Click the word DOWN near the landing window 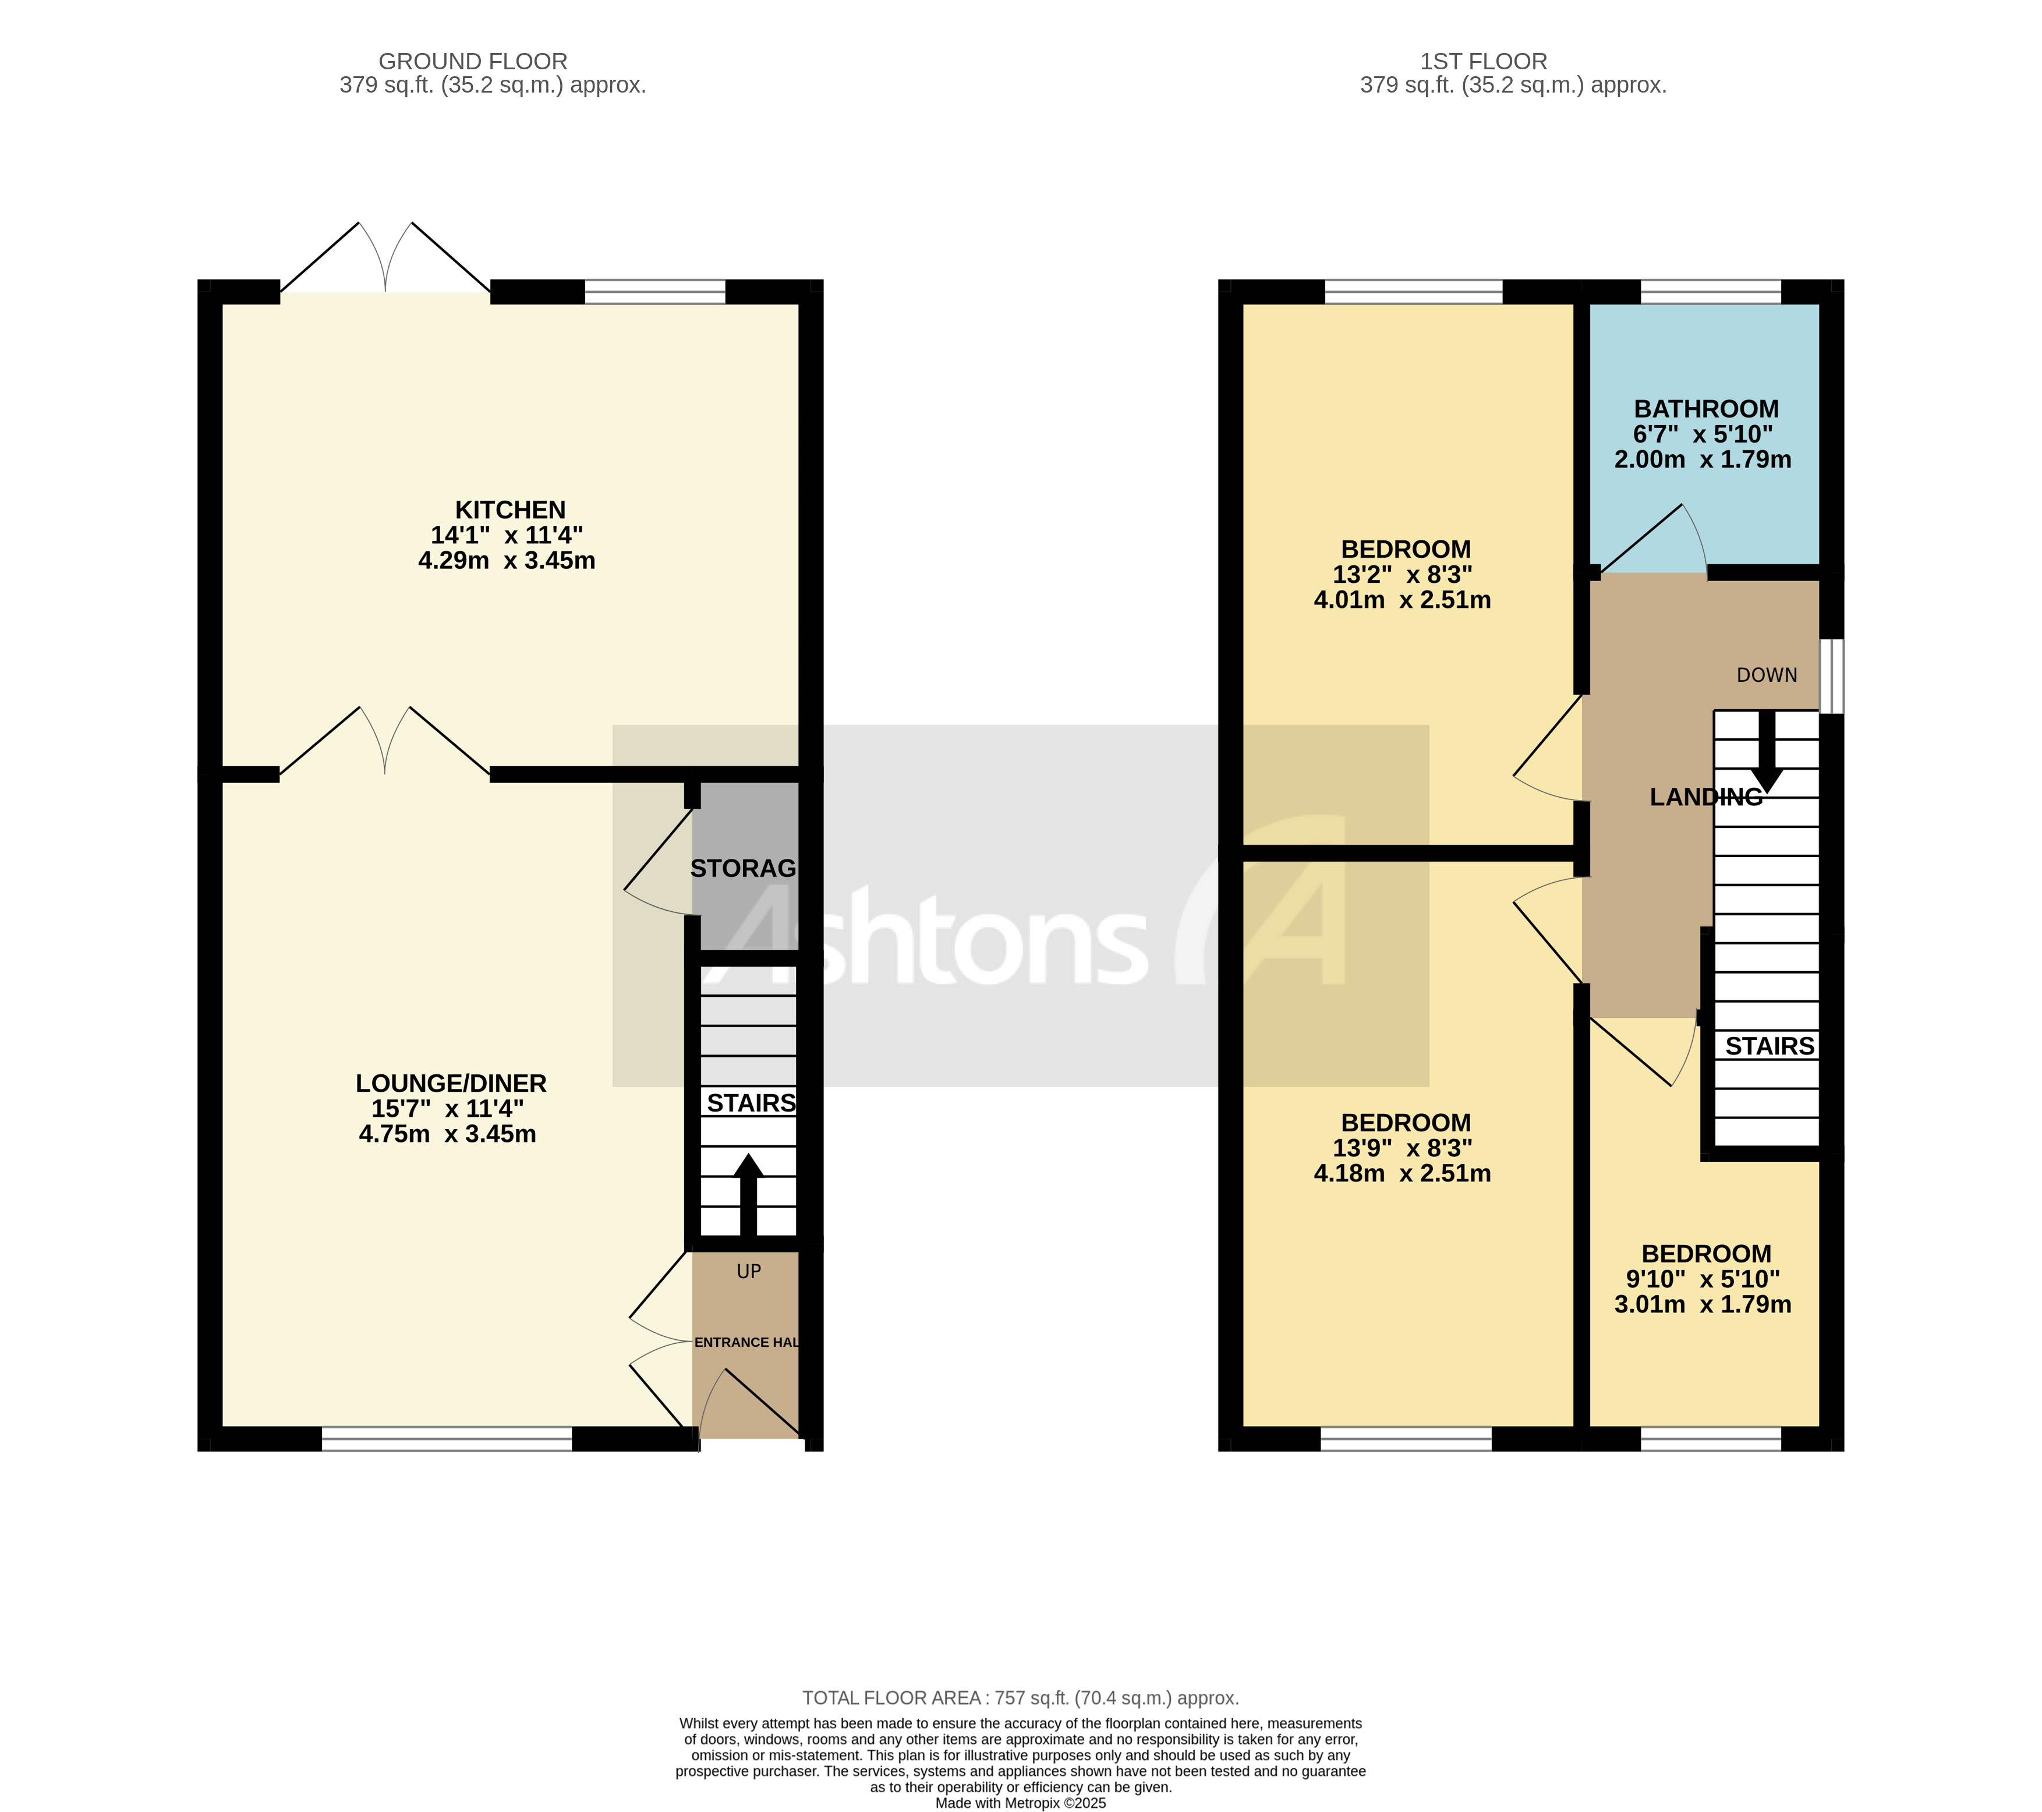(1766, 675)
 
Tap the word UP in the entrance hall (748, 1272)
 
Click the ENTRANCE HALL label (746, 1343)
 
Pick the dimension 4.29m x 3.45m (507, 560)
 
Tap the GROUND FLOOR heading (473, 62)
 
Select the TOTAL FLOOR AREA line (1020, 1698)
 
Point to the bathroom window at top (1710, 292)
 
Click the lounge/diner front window (447, 1438)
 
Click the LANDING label (1705, 797)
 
